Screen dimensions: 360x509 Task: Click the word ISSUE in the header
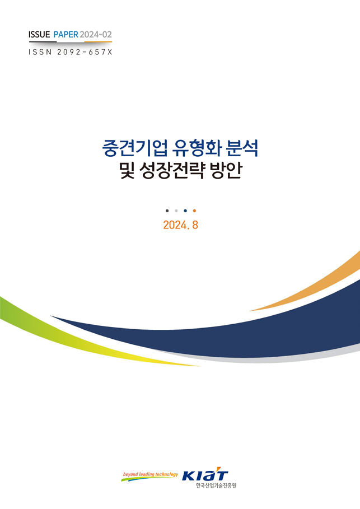(39, 34)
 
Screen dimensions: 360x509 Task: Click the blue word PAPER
(66, 34)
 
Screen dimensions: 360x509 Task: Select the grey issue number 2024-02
(96, 34)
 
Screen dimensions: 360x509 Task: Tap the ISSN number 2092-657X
(85, 52)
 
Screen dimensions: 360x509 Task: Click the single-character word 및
(127, 170)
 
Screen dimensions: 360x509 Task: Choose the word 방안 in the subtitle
(226, 170)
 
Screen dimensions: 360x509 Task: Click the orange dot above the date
(194, 211)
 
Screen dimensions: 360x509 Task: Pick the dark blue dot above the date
(185, 211)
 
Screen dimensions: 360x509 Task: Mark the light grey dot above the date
(176, 211)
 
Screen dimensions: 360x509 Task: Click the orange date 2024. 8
(180, 225)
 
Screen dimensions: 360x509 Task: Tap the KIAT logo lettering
(205, 475)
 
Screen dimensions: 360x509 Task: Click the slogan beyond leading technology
(150, 475)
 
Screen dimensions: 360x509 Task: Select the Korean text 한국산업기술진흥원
(216, 485)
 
